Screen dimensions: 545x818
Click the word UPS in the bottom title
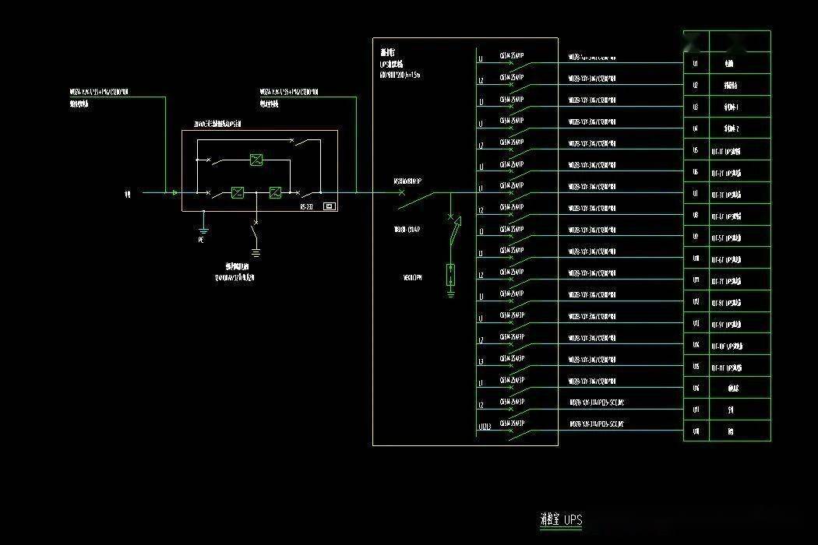point(573,519)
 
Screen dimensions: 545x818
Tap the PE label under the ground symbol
point(201,241)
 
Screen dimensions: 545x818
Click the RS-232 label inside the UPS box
point(306,206)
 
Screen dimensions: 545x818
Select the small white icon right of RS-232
point(328,206)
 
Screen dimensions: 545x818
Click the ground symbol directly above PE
point(203,228)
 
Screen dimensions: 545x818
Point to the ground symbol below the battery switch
point(256,251)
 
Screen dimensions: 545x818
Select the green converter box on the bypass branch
point(256,160)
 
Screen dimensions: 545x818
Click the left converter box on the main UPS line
point(238,192)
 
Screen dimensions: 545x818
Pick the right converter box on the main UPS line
point(275,192)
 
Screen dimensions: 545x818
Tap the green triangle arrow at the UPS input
point(175,192)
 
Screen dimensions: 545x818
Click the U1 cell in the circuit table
point(696,62)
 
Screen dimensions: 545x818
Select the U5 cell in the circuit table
point(696,150)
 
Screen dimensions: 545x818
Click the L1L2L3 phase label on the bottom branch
point(484,427)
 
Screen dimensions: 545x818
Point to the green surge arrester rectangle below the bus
point(450,275)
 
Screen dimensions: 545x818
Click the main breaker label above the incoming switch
point(407,181)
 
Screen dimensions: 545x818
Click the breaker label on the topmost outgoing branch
point(511,55)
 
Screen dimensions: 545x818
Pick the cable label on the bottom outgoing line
point(597,424)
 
